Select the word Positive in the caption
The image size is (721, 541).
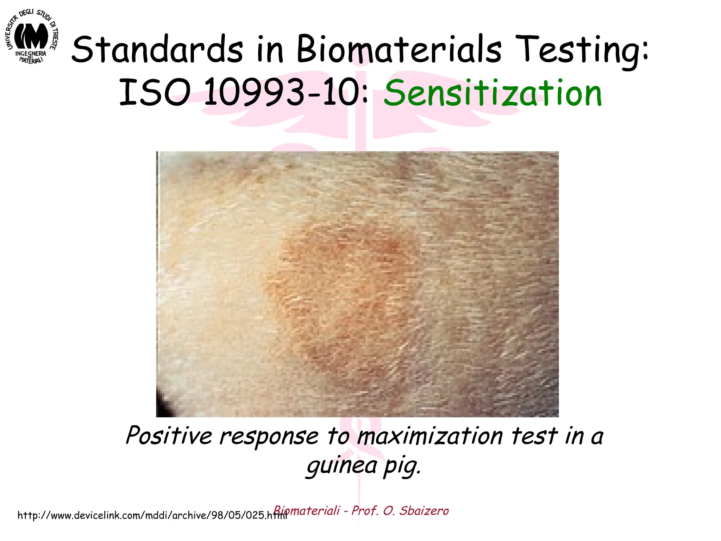coord(169,436)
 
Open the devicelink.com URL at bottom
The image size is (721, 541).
coord(151,516)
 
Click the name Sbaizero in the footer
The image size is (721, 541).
coord(424,511)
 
